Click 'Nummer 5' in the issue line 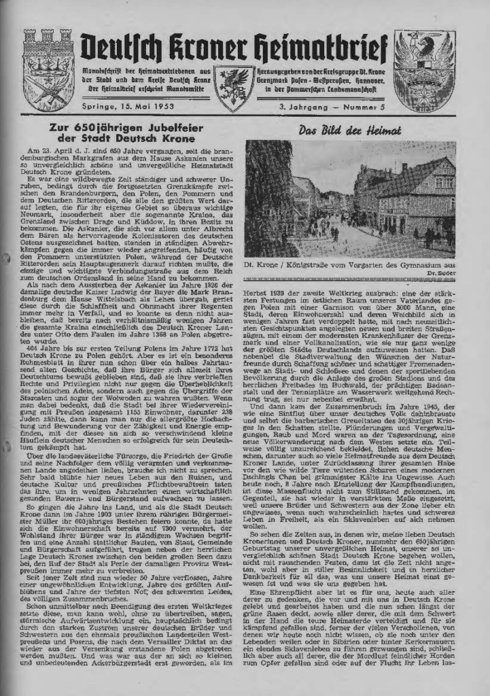(x=370, y=107)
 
